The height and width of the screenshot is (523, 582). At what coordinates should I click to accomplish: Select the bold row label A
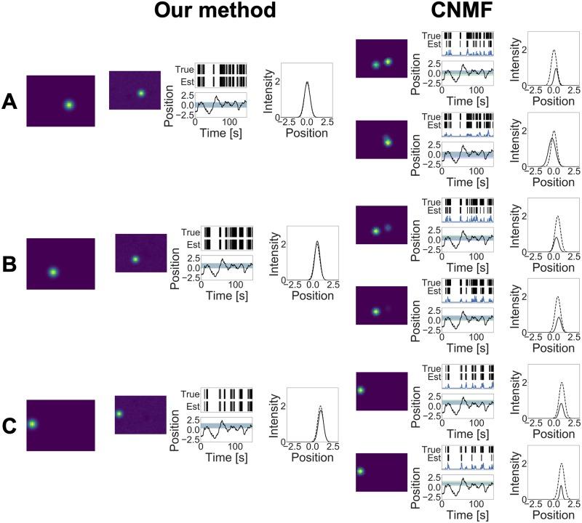coord(11,102)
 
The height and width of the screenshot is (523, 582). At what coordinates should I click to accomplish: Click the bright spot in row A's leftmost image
coord(68,105)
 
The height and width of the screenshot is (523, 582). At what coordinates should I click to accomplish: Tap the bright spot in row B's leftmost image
coord(52,272)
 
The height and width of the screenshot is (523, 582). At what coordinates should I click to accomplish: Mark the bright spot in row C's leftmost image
coord(31,423)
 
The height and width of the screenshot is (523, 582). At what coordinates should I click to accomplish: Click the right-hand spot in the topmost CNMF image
coord(388,62)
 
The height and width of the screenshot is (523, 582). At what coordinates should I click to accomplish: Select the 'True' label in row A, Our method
coord(184,70)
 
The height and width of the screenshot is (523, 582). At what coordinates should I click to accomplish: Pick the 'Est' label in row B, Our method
coord(191,244)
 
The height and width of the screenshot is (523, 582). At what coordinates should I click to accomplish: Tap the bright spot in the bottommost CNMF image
coord(360,471)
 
